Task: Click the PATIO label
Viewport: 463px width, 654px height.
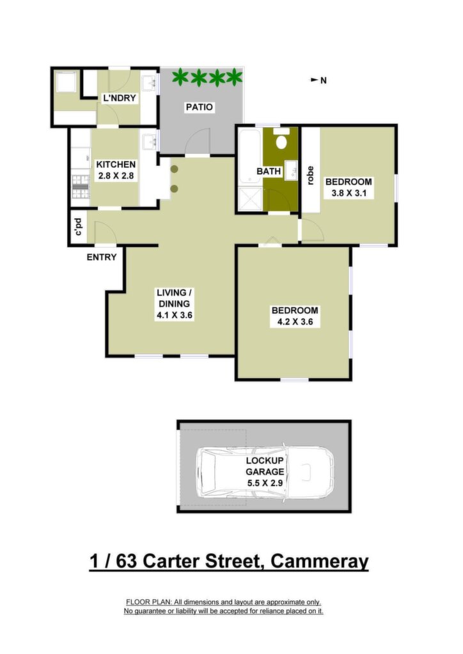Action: pos(199,107)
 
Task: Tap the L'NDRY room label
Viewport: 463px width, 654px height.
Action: pos(120,98)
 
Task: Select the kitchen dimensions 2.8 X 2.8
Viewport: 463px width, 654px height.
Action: pos(116,176)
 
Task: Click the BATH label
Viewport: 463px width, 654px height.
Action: pos(269,171)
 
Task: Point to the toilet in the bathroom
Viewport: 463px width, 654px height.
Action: pos(282,139)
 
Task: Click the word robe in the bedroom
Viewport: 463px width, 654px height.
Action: pos(310,176)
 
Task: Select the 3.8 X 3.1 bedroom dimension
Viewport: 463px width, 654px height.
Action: pos(349,193)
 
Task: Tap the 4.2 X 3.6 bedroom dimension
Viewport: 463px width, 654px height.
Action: pos(295,322)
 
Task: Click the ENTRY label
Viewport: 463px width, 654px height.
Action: pos(102,257)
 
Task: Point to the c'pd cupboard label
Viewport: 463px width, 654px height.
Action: pos(78,227)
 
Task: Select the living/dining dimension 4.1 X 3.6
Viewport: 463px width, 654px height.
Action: pos(175,315)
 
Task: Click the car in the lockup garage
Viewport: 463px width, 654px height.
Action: pos(265,473)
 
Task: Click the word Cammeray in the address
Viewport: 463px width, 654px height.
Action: pos(319,561)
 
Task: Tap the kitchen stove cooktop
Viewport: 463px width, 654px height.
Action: pos(81,186)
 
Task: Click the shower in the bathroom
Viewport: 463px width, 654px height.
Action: pos(249,199)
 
